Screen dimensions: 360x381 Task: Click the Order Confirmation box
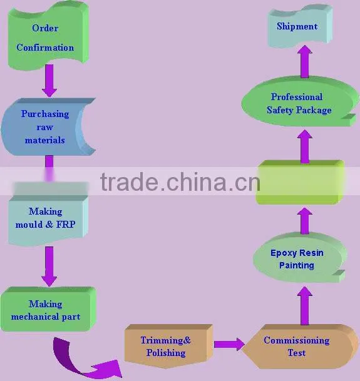pyautogui.click(x=48, y=36)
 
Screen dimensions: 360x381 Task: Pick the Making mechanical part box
pyautogui.click(x=48, y=309)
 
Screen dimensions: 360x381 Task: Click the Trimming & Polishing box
pyautogui.click(x=168, y=346)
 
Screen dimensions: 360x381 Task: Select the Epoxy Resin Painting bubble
pyautogui.click(x=300, y=258)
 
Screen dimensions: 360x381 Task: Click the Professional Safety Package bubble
pyautogui.click(x=300, y=102)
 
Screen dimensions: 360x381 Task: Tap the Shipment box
pyautogui.click(x=300, y=26)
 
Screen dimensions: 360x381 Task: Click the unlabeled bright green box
pyautogui.click(x=300, y=182)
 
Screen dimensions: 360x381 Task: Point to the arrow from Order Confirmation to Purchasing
pyautogui.click(x=49, y=81)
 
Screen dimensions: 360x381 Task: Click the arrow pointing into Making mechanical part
pyautogui.click(x=49, y=267)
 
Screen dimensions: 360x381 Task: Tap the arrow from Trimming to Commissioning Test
pyautogui.click(x=229, y=344)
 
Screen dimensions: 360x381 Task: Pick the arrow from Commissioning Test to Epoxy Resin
pyautogui.click(x=304, y=306)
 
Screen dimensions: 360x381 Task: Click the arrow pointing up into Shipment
pyautogui.click(x=304, y=62)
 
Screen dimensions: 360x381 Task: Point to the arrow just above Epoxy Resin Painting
pyautogui.click(x=304, y=221)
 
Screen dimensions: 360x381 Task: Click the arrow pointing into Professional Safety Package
pyautogui.click(x=304, y=146)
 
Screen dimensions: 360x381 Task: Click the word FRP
pyautogui.click(x=66, y=224)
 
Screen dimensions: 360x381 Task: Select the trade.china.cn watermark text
pyautogui.click(x=180, y=181)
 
